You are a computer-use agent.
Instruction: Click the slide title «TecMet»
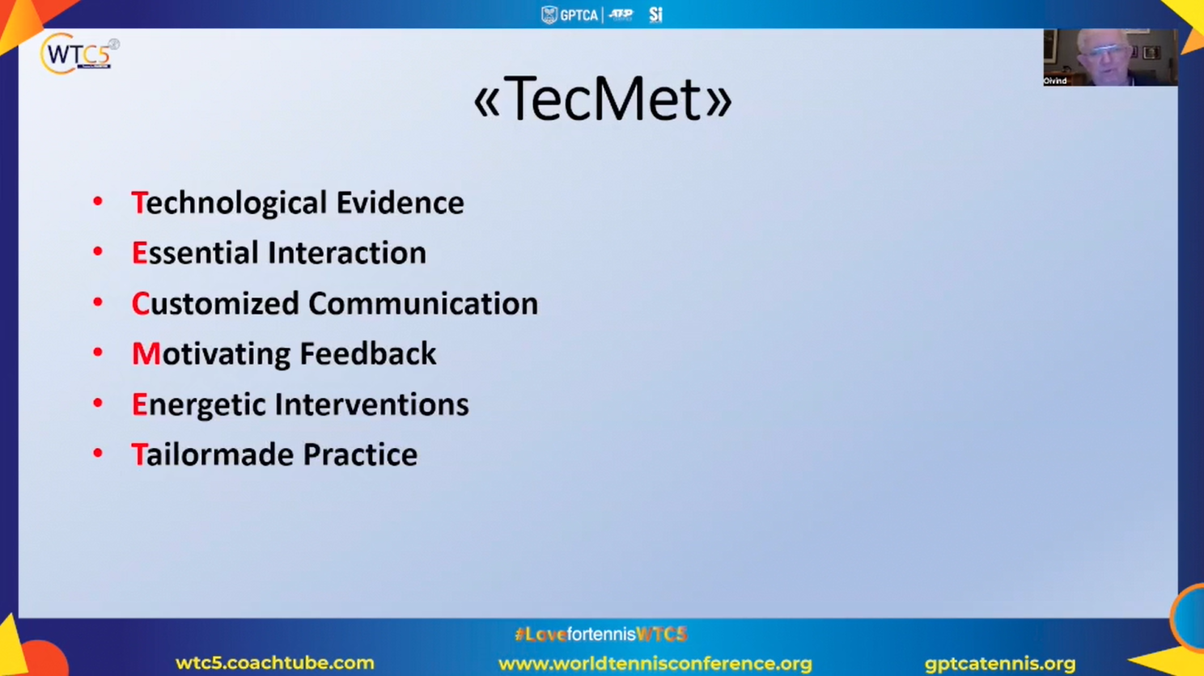[603, 99]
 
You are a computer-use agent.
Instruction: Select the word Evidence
[401, 203]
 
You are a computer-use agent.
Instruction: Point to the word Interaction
[347, 252]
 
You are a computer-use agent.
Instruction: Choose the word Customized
[215, 303]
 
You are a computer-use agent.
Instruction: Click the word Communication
[423, 303]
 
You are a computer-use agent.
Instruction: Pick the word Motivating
[211, 354]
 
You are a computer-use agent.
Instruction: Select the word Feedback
[368, 353]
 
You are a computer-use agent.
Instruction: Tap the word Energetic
[199, 404]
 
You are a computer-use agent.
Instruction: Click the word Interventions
[372, 404]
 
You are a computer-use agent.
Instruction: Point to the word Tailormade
[213, 454]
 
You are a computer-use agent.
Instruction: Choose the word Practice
[361, 454]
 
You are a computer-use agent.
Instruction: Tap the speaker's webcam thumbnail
[1110, 57]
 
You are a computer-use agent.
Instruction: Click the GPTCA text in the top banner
[579, 15]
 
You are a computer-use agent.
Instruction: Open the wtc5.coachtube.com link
[274, 663]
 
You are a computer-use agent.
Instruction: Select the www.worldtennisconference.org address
[655, 664]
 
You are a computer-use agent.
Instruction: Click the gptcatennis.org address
[1000, 664]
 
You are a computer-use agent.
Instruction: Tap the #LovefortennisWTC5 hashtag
[601, 635]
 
